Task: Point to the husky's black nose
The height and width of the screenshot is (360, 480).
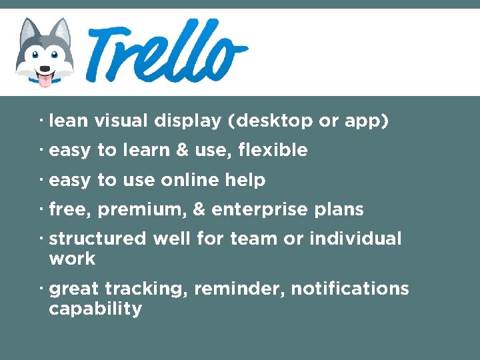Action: point(45,68)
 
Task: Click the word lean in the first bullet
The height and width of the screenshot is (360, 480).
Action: point(69,121)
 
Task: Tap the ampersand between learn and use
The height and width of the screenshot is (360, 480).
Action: point(182,151)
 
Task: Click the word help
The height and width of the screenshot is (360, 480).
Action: point(245,180)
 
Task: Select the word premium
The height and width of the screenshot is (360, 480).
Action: point(142,209)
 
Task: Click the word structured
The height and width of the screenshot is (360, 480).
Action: point(97,238)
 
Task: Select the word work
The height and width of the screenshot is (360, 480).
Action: point(72,259)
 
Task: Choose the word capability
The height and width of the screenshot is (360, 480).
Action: point(95,309)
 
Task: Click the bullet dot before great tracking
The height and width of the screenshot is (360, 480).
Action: point(41,287)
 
